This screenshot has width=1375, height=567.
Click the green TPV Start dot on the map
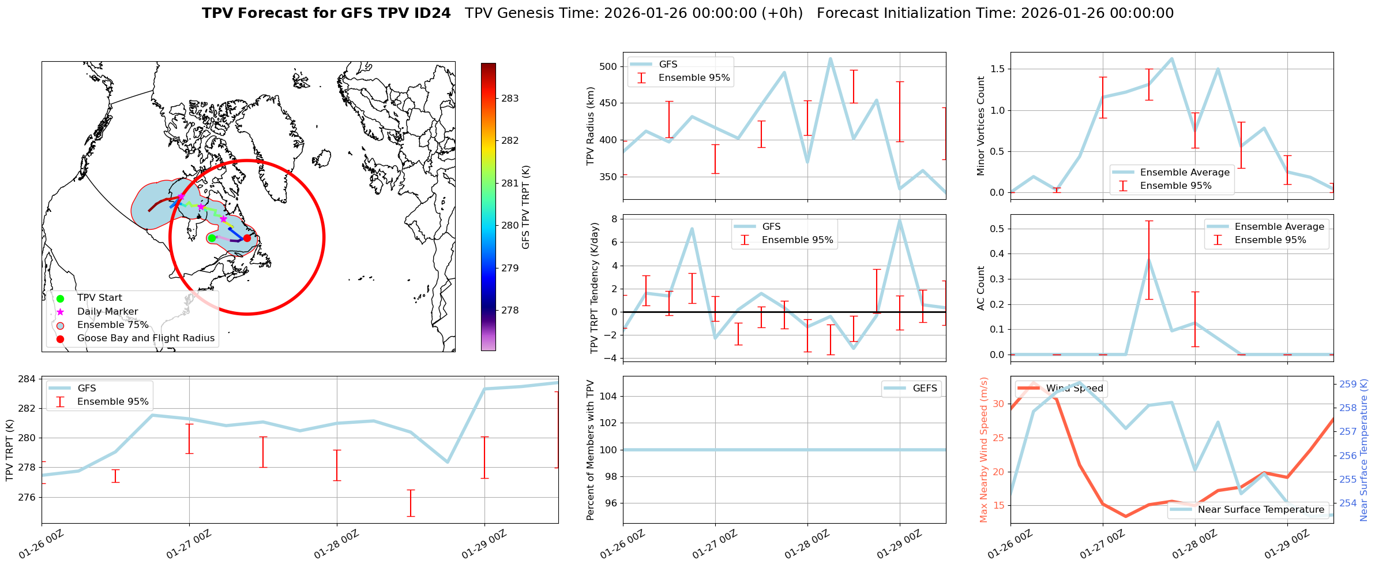[212, 238]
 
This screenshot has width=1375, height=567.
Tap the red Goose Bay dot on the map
[247, 238]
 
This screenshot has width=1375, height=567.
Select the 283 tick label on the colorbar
[510, 99]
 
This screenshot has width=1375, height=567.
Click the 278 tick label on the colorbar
[510, 311]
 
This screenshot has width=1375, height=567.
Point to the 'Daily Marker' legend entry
[107, 312]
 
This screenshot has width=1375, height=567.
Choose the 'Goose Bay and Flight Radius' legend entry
[145, 338]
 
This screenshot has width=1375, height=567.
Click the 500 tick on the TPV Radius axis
[609, 67]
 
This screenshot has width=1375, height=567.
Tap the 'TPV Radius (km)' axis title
[590, 126]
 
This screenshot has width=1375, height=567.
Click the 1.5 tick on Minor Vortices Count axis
[997, 69]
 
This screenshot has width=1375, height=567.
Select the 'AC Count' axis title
[981, 288]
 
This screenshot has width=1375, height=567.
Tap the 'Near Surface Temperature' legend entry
[1261, 510]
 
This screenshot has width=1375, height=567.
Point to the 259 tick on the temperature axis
[1348, 385]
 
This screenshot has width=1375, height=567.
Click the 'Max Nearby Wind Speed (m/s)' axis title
[983, 450]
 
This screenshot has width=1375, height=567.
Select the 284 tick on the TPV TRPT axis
[28, 379]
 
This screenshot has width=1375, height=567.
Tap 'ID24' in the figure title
[433, 13]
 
